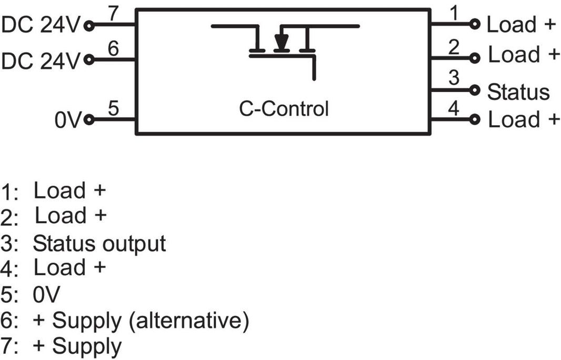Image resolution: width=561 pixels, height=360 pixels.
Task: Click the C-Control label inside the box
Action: coord(284,109)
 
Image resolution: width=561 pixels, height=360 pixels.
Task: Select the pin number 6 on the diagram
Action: coord(113,49)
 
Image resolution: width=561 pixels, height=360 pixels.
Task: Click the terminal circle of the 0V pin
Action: coord(88,119)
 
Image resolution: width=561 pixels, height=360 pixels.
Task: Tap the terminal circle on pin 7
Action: coord(88,25)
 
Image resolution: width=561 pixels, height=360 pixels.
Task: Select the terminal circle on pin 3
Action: coord(476,90)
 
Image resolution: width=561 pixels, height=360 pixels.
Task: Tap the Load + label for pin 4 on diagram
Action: coord(523,119)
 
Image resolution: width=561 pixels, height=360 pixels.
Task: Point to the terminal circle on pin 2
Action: coord(476,56)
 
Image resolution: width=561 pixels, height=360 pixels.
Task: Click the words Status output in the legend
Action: coord(99,244)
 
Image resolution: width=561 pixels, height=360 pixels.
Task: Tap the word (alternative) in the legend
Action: coord(193,320)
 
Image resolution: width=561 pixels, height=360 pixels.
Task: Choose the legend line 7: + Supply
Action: coord(61,346)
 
